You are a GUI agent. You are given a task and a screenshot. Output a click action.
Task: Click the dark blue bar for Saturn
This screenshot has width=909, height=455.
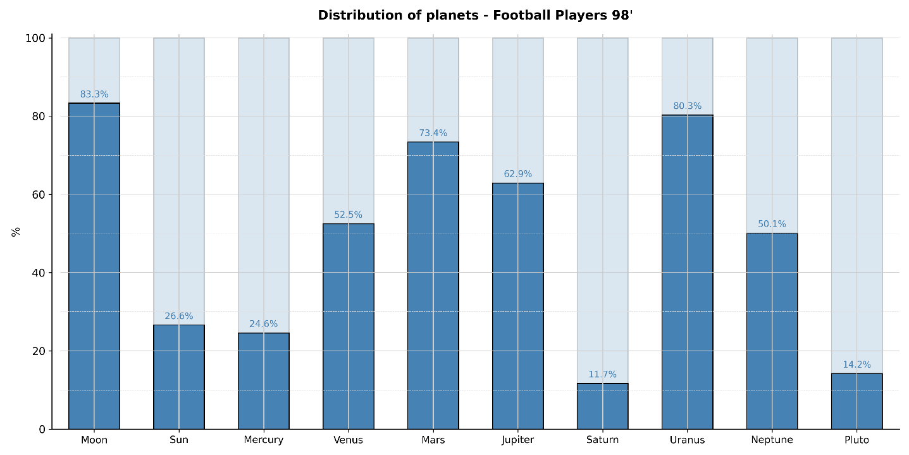pyautogui.click(x=602, y=406)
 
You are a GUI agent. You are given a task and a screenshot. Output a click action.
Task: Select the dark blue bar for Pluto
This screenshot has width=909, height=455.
pyautogui.click(x=856, y=401)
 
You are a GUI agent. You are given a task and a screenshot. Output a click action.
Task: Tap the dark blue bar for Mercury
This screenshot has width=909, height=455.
pyautogui.click(x=263, y=381)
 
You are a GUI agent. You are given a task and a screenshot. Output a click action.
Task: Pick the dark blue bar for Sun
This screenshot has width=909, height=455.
pyautogui.click(x=179, y=377)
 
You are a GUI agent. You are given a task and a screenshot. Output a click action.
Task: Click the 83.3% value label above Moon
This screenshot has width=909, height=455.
pyautogui.click(x=94, y=95)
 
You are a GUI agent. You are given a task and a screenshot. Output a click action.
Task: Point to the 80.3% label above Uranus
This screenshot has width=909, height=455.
pyautogui.click(x=687, y=106)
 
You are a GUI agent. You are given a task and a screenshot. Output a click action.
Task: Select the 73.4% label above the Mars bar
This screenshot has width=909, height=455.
pyautogui.click(x=433, y=134)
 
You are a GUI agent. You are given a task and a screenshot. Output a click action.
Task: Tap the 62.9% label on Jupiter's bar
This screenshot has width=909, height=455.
pyautogui.click(x=517, y=174)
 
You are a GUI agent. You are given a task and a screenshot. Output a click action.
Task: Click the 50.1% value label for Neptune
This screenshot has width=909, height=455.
pyautogui.click(x=772, y=224)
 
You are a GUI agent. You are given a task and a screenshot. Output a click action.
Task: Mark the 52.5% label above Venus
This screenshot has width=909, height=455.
pyautogui.click(x=348, y=215)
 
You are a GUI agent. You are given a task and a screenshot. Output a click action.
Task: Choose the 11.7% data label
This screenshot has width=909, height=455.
pyautogui.click(x=602, y=375)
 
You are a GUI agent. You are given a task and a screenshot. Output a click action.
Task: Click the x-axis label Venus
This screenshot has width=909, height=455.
pyautogui.click(x=348, y=440)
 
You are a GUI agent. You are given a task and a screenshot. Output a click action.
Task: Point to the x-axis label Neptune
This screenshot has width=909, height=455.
pyautogui.click(x=772, y=440)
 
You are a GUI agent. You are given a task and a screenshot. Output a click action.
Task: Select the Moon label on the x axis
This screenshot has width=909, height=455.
pyautogui.click(x=94, y=440)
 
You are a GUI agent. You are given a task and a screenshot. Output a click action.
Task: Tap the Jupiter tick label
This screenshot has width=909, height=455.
pyautogui.click(x=517, y=440)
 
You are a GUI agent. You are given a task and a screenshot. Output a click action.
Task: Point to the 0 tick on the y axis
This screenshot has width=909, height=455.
pyautogui.click(x=42, y=429)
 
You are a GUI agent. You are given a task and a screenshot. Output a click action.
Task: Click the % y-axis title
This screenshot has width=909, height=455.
pyautogui.click(x=16, y=232)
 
